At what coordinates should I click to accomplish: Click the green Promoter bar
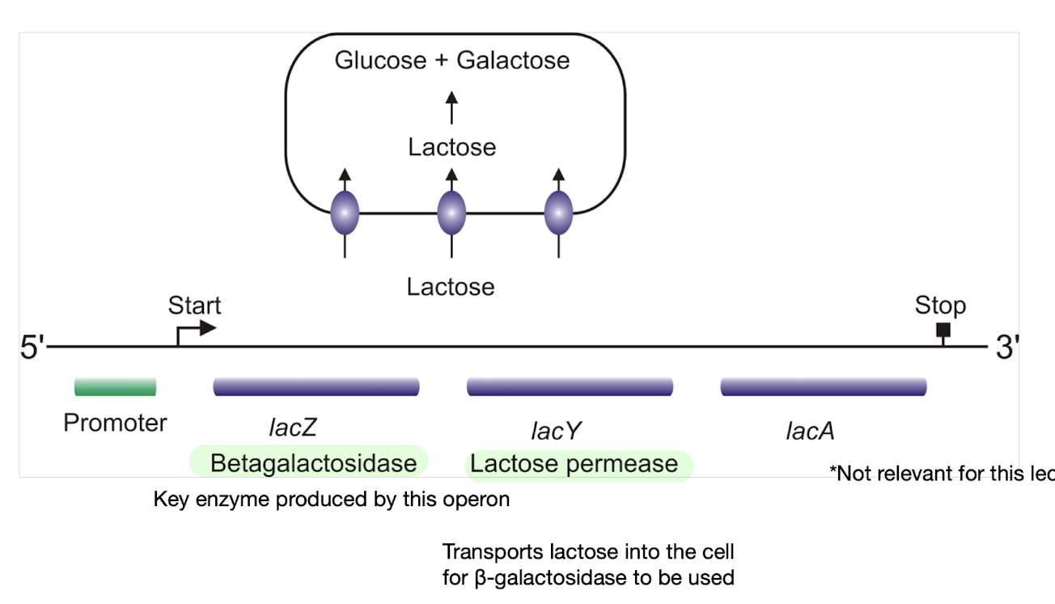pyautogui.click(x=115, y=387)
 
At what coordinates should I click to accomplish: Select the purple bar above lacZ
pyautogui.click(x=316, y=387)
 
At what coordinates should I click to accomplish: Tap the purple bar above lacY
pyautogui.click(x=570, y=387)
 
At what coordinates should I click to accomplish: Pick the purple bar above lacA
pyautogui.click(x=823, y=387)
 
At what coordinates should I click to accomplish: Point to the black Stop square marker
pyautogui.click(x=943, y=330)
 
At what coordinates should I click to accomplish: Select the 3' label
pyautogui.click(x=1006, y=348)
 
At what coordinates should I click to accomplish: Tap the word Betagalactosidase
pyautogui.click(x=313, y=463)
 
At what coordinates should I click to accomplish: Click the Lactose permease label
pyautogui.click(x=574, y=464)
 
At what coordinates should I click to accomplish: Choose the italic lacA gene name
pyautogui.click(x=810, y=431)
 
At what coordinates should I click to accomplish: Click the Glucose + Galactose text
pyautogui.click(x=452, y=60)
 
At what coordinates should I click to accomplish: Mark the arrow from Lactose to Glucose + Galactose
pyautogui.click(x=451, y=108)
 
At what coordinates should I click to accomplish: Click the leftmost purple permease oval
pyautogui.click(x=345, y=214)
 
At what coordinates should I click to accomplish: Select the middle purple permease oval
pyautogui.click(x=451, y=214)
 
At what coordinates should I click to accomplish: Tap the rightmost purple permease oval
pyautogui.click(x=558, y=214)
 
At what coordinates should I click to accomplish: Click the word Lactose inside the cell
pyautogui.click(x=451, y=147)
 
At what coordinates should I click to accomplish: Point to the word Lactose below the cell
pyautogui.click(x=451, y=287)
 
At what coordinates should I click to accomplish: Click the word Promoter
pyautogui.click(x=115, y=423)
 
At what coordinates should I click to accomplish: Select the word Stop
pyautogui.click(x=940, y=305)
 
